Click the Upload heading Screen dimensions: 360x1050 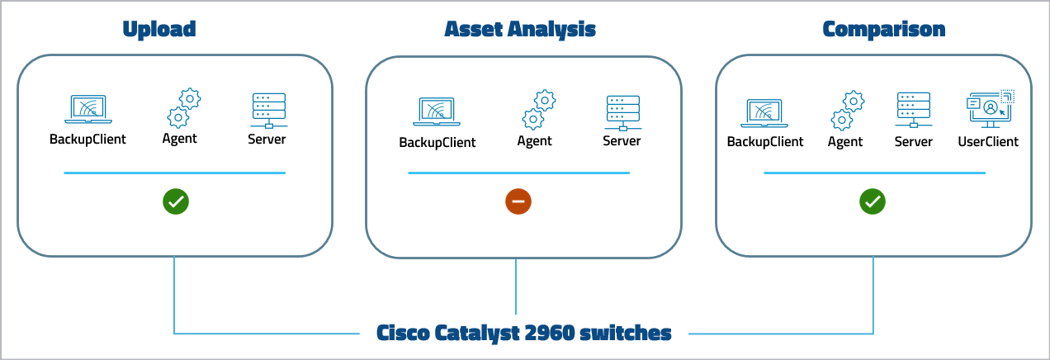click(x=159, y=30)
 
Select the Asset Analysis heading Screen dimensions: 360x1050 click(x=520, y=30)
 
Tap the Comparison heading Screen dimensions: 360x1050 click(x=884, y=30)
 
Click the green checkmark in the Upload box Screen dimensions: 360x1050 click(x=176, y=201)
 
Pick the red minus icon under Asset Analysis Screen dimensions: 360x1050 click(x=519, y=201)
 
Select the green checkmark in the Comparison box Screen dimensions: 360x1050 click(x=873, y=201)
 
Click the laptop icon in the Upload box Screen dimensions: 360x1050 click(x=88, y=110)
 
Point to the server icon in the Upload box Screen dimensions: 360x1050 click(x=267, y=110)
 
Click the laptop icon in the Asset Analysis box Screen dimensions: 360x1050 click(x=437, y=112)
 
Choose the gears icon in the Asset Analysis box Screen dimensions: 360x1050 click(x=538, y=110)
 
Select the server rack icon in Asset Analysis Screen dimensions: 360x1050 click(x=622, y=112)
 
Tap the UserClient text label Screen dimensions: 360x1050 click(x=988, y=142)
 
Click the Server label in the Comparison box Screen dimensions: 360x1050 click(x=914, y=142)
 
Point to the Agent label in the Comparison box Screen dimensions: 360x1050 click(x=845, y=142)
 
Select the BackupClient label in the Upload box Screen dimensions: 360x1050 click(x=88, y=139)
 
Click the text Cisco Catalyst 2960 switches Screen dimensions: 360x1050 click(x=524, y=334)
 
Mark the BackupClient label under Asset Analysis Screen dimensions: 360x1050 click(x=437, y=142)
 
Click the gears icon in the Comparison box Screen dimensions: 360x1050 click(x=847, y=110)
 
